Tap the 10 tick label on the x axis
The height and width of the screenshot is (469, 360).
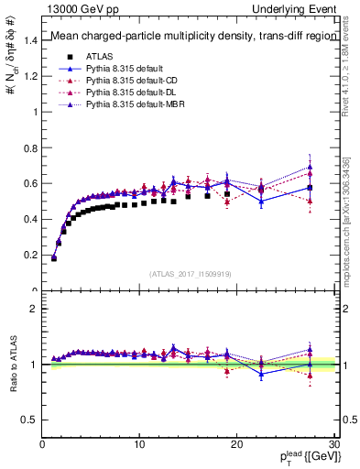[x=139, y=444]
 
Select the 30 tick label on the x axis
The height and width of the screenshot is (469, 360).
[x=334, y=444]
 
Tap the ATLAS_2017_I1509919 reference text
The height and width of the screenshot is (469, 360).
[x=189, y=273]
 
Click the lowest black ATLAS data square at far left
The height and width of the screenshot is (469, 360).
[x=54, y=258]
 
